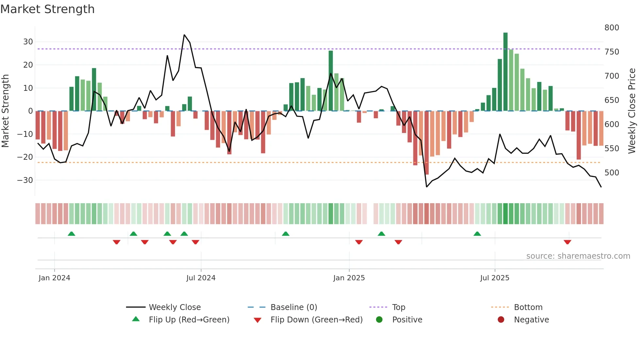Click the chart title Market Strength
click(x=47, y=9)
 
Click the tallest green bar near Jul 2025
click(x=505, y=72)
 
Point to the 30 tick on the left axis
click(x=28, y=42)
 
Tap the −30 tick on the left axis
click(x=25, y=180)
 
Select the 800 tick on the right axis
click(x=612, y=28)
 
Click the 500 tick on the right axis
click(x=612, y=172)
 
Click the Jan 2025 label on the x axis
click(x=349, y=278)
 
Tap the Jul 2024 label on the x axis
click(x=201, y=278)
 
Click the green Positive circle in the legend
click(x=379, y=320)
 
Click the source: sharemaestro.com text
click(x=578, y=256)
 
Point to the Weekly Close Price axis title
click(x=632, y=111)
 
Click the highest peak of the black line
click(x=184, y=35)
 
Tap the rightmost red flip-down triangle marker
click(x=567, y=242)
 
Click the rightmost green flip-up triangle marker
click(x=477, y=234)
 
